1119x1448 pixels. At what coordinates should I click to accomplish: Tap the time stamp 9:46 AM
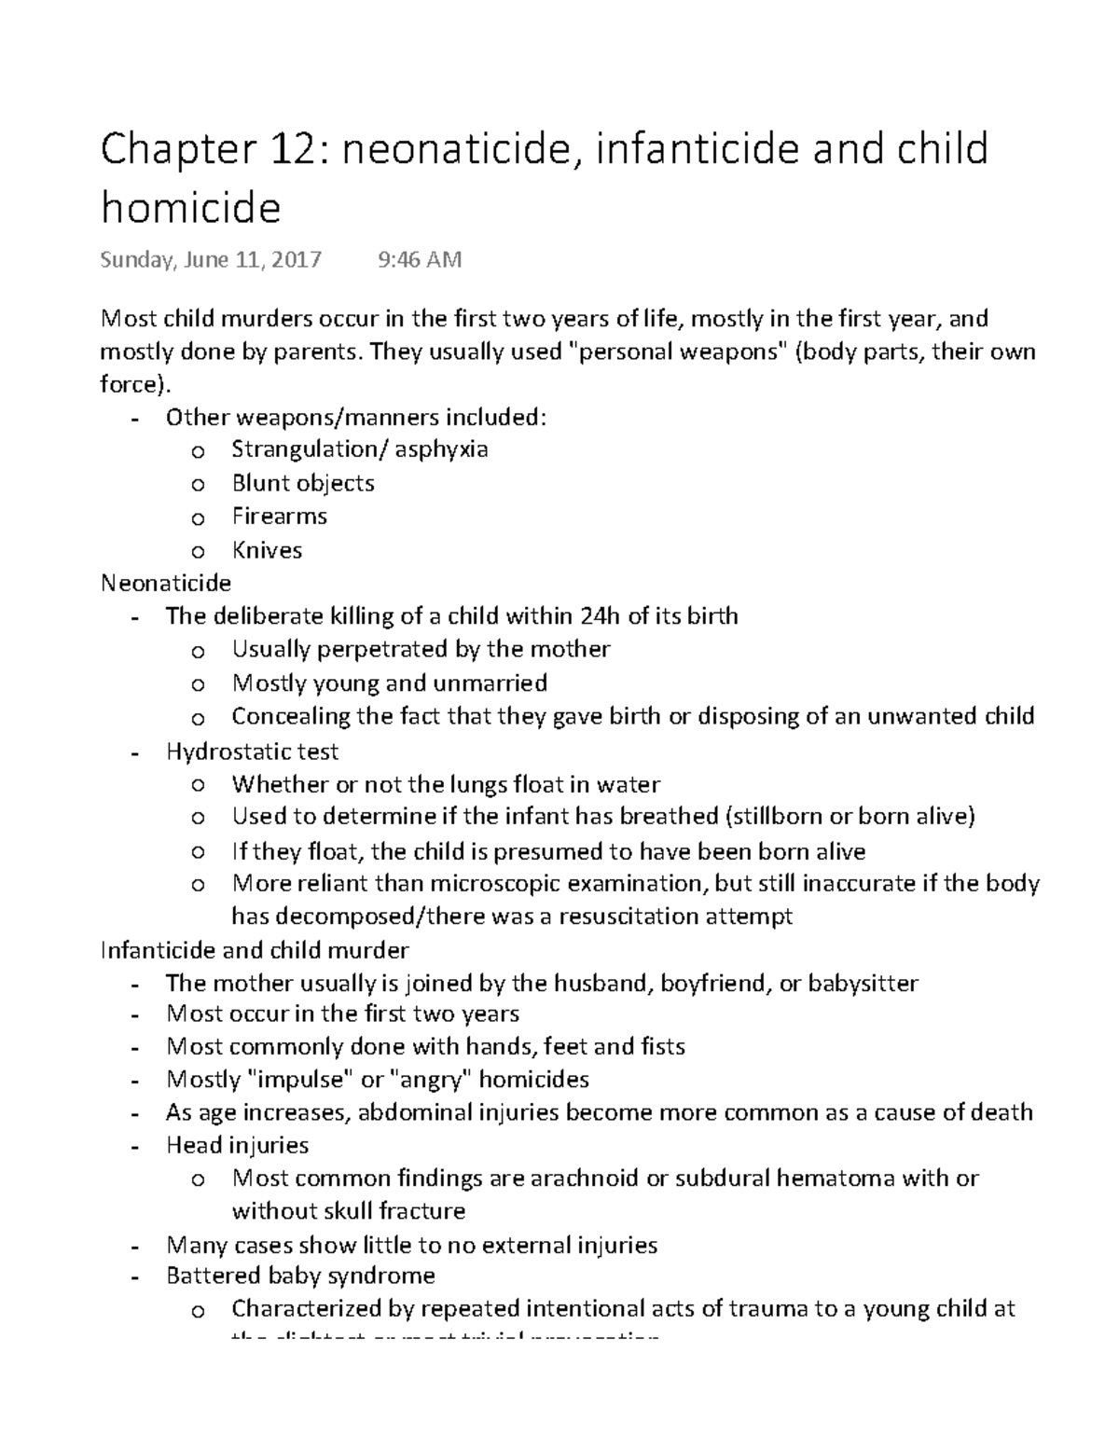coord(420,259)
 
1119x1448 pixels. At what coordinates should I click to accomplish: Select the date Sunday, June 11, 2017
coord(211,259)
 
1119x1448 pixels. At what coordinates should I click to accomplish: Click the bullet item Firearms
coord(279,517)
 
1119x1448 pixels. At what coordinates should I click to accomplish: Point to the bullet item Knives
coord(267,550)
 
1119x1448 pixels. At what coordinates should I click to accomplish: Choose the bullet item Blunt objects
coord(303,483)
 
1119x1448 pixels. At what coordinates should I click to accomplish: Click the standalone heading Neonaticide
coord(166,584)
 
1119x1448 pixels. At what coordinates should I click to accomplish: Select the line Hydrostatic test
coord(252,751)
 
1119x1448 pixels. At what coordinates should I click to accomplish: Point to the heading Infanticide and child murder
coord(255,950)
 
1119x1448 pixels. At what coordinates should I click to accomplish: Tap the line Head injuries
coord(237,1145)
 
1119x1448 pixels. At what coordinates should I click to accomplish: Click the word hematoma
coord(835,1179)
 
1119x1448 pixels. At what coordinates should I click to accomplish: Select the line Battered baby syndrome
coord(300,1276)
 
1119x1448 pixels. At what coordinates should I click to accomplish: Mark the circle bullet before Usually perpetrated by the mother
coord(196,651)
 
